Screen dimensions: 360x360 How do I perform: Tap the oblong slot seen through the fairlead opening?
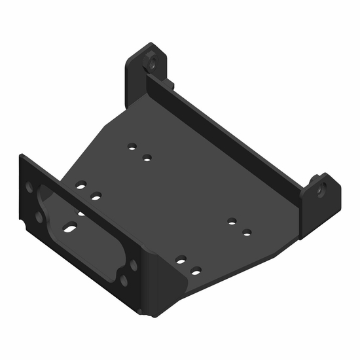click(x=69, y=228)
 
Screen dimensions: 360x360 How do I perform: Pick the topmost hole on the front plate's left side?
click(x=29, y=187)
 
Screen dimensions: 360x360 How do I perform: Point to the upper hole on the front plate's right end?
click(x=133, y=264)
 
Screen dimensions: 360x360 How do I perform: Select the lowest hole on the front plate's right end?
click(x=123, y=281)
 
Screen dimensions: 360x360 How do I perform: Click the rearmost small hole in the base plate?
click(x=132, y=147)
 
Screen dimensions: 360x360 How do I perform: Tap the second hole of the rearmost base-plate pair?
click(x=147, y=157)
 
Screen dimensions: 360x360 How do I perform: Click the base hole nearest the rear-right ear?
click(x=247, y=232)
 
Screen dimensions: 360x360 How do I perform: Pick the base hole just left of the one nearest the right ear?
click(x=232, y=221)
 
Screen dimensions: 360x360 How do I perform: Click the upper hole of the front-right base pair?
click(x=181, y=260)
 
